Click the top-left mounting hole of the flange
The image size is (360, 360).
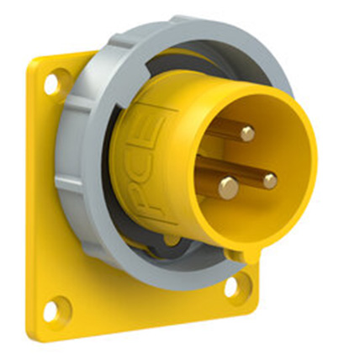[x=52, y=83]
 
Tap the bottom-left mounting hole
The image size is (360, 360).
[x=52, y=310]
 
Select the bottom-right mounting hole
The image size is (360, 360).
[x=233, y=286]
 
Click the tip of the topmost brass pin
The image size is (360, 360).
[x=246, y=133]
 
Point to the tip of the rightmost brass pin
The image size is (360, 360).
[x=269, y=180]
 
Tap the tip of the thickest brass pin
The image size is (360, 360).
[x=228, y=189]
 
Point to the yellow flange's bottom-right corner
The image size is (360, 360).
[x=252, y=308]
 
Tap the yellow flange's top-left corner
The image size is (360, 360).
[x=34, y=63]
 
